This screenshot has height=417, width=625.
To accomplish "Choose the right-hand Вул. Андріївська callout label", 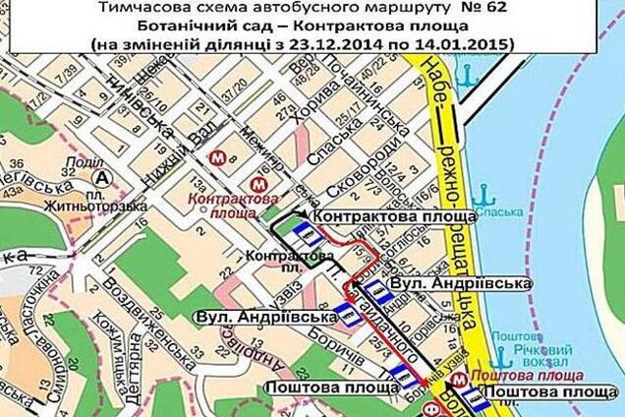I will tap(461, 283).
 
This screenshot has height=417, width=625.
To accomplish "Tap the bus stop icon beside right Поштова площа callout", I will tap(475, 398).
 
